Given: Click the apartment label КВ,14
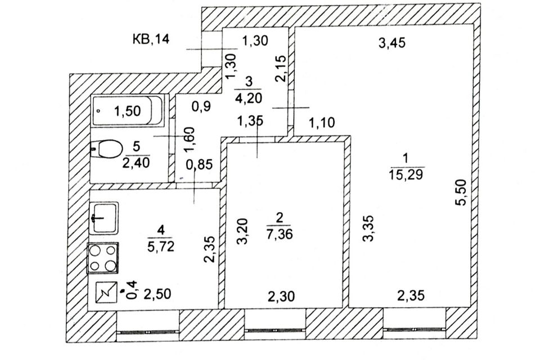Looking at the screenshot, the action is (151, 39).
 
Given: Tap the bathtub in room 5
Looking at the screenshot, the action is (128, 111).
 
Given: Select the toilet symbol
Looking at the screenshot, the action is (107, 148).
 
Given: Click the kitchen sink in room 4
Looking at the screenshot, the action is (103, 218).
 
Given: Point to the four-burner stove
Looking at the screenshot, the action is (102, 258).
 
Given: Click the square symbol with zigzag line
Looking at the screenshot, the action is (106, 292).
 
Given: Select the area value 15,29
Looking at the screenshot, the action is (406, 174).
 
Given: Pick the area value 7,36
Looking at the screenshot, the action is (280, 234).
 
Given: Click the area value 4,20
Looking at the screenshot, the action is (248, 98).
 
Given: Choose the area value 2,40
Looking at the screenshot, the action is (136, 162).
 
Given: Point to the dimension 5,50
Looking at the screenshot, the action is (461, 192).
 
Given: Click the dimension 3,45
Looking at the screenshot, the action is (392, 43).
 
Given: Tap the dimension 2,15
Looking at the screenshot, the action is (281, 69).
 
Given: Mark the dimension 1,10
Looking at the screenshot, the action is (322, 122).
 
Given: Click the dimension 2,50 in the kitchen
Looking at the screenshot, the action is (157, 294).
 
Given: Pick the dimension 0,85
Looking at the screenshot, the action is (199, 165).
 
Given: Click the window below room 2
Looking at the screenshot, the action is (276, 330).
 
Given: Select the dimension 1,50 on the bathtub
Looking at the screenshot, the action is (128, 111).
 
